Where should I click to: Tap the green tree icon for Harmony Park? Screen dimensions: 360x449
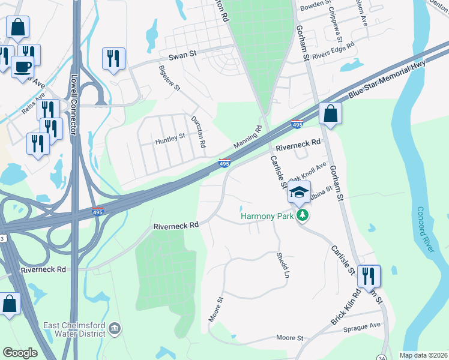pyautogui.click(x=303, y=215)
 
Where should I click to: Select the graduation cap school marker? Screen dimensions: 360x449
pyautogui.click(x=298, y=193)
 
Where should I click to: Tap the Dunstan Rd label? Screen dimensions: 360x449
pyautogui.click(x=199, y=132)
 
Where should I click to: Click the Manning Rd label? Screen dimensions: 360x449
pyautogui.click(x=248, y=139)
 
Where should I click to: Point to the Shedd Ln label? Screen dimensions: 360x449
pyautogui.click(x=282, y=265)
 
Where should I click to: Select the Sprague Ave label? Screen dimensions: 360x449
pyautogui.click(x=362, y=326)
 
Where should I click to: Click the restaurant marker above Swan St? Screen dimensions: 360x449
pyautogui.click(x=113, y=58)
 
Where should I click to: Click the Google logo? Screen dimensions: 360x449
pyautogui.click(x=20, y=353)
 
